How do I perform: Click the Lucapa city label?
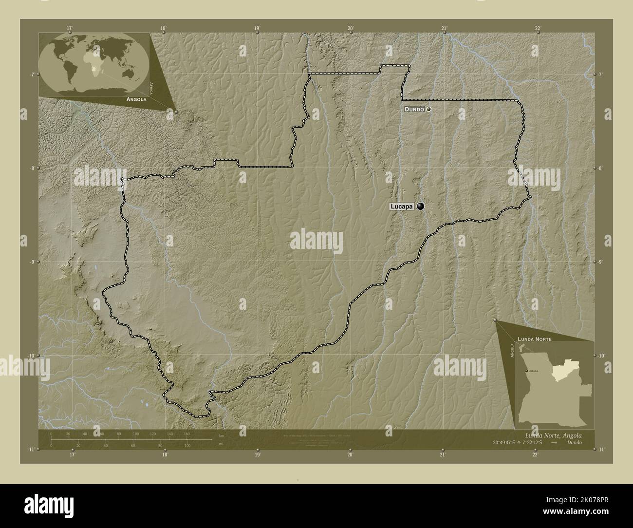(402, 207)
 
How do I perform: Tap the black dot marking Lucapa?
(420, 207)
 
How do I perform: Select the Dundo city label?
(414, 109)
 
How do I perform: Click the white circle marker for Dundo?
(428, 109)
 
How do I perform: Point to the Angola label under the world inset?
(136, 99)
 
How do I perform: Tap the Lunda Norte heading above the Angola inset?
(535, 338)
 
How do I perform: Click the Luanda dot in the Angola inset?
(526, 371)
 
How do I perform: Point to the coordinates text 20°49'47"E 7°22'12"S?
(522, 443)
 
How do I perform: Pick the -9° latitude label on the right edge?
(600, 262)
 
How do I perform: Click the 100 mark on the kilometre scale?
(136, 434)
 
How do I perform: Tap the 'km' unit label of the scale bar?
(222, 435)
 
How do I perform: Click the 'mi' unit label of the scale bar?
(222, 444)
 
